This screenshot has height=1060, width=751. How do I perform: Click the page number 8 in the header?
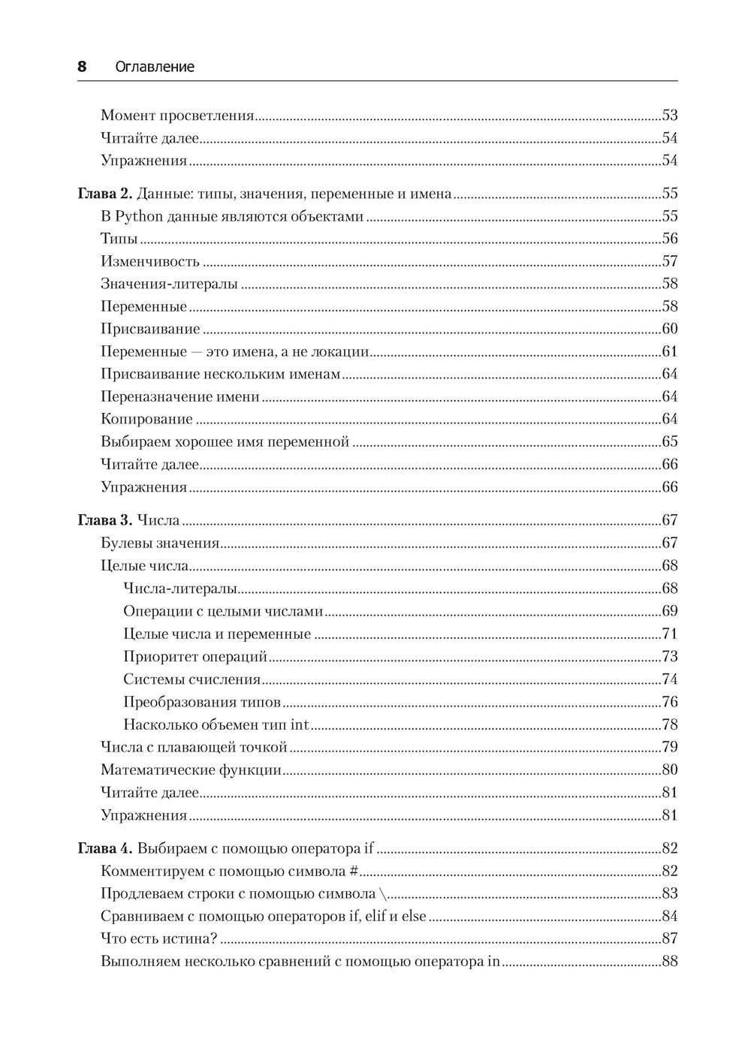point(82,67)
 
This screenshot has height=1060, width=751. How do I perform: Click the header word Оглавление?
point(155,67)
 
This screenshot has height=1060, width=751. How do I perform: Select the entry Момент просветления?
point(177,116)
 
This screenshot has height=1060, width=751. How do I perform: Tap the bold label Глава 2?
point(105,194)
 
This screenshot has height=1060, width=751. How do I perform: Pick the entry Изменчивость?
point(149,261)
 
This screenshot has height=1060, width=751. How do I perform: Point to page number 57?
point(669,261)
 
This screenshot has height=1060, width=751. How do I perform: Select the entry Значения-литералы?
point(169,284)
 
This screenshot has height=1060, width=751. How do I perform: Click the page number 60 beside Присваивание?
point(669,329)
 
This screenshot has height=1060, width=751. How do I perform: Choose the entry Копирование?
point(146,419)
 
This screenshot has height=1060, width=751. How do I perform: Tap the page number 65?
point(669,441)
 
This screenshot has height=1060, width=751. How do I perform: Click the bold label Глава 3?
point(105,520)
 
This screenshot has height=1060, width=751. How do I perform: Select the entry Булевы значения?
point(160,543)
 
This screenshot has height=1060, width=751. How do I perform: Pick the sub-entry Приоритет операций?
point(195,657)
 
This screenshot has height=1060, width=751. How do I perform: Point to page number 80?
point(669,769)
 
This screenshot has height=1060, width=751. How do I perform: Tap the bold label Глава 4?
point(105,848)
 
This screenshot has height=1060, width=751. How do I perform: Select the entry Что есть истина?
point(158,938)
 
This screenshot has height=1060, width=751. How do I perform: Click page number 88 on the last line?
point(669,961)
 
